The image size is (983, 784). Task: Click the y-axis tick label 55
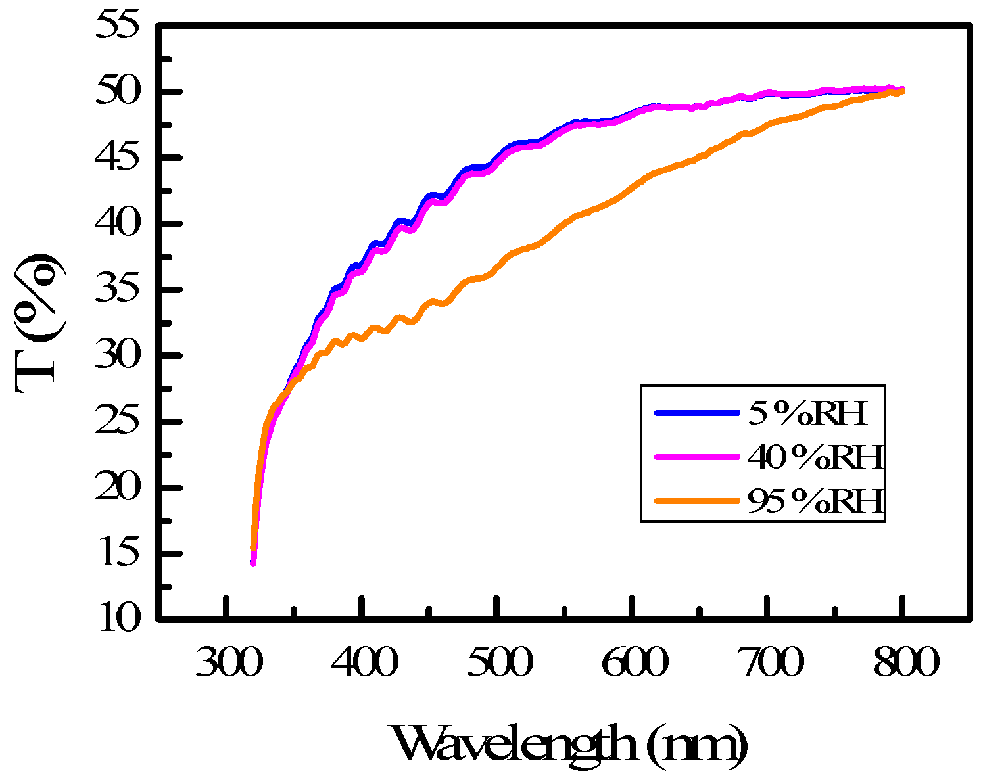pyautogui.click(x=118, y=26)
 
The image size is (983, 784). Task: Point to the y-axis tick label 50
pyautogui.click(x=118, y=92)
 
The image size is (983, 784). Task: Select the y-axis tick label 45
pyautogui.click(x=118, y=158)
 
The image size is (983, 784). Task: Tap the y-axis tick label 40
pyautogui.click(x=118, y=224)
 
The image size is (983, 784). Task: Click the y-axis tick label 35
pyautogui.click(x=118, y=290)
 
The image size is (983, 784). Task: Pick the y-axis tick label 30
pyautogui.click(x=118, y=356)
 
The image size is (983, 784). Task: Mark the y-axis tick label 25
pyautogui.click(x=118, y=422)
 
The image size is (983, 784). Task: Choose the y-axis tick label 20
pyautogui.click(x=118, y=488)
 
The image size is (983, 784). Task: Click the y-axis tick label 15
pyautogui.click(x=118, y=553)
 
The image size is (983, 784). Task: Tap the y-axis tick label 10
pyautogui.click(x=118, y=619)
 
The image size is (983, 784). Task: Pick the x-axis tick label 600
pyautogui.click(x=634, y=664)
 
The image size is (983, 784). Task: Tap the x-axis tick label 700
pyautogui.click(x=769, y=664)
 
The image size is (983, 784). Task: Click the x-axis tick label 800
pyautogui.click(x=904, y=664)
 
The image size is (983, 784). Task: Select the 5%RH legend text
pyautogui.click(x=807, y=413)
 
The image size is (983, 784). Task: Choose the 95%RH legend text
pyautogui.click(x=815, y=501)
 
